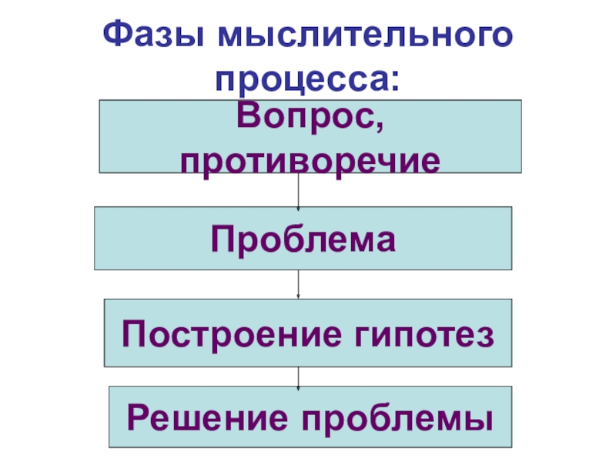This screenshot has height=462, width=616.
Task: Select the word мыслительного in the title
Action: pyautogui.click(x=365, y=36)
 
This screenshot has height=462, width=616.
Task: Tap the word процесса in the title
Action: pyautogui.click(x=303, y=79)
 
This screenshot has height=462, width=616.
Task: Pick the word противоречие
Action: pyautogui.click(x=310, y=159)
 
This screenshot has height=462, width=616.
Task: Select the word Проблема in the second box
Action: pyautogui.click(x=304, y=238)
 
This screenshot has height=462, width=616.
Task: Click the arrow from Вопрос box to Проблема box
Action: pyautogui.click(x=298, y=189)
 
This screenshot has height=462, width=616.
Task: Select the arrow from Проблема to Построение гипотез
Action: pyautogui.click(x=298, y=284)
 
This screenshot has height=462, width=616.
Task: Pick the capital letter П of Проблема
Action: pyautogui.click(x=223, y=238)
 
